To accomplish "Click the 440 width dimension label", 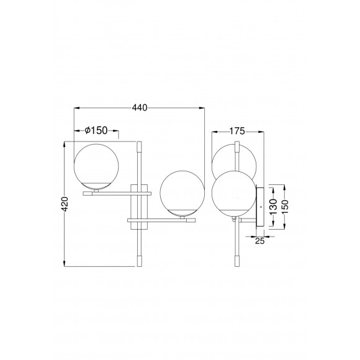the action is pyautogui.click(x=140, y=107).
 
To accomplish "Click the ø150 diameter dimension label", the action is pyautogui.click(x=96, y=130).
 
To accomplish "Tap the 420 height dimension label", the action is pyautogui.click(x=65, y=204).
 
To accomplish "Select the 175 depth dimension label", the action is pyautogui.click(x=237, y=131).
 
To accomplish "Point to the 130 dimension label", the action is pyautogui.click(x=273, y=207).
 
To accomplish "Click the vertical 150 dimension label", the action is pyautogui.click(x=284, y=207).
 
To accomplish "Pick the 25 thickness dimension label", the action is pyautogui.click(x=260, y=241).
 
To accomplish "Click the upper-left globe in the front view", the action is pyautogui.click(x=96, y=166).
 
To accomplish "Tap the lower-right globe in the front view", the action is pyautogui.click(x=182, y=193).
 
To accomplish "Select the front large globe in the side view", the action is pyautogui.click(x=234, y=193).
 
